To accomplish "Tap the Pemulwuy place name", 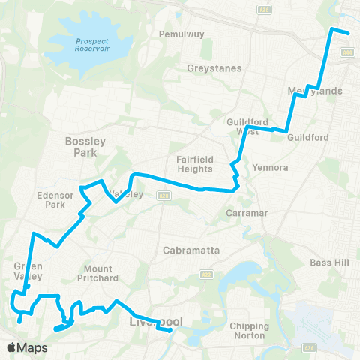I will tap(178, 34).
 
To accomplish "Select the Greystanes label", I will tap(214, 67).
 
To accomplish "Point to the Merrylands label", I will tap(315, 91).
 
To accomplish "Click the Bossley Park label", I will tap(86, 146).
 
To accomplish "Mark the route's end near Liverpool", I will tap(171, 329).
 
